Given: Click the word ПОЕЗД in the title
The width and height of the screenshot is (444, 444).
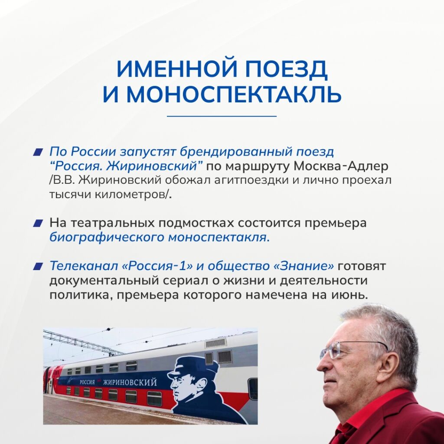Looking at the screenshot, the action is click(286, 69).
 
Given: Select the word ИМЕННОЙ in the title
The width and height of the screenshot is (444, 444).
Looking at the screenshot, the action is click(177, 69).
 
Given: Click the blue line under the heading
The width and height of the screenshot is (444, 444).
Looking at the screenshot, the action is click(222, 116).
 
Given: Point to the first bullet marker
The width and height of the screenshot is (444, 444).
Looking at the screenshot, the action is click(38, 152).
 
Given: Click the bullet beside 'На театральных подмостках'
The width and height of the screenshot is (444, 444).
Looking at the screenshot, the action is click(38, 223).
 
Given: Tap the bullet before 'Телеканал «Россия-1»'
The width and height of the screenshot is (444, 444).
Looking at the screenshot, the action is click(38, 267).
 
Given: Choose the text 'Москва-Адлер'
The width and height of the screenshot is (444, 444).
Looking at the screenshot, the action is click(341, 166).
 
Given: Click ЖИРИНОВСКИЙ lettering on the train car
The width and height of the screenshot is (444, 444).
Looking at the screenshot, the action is click(130, 382).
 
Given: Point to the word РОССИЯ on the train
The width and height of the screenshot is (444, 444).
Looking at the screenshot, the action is click(87, 382).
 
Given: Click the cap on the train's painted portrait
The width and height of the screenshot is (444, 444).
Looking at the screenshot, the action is click(194, 365).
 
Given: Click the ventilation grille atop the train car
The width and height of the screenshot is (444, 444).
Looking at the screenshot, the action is click(216, 343).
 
